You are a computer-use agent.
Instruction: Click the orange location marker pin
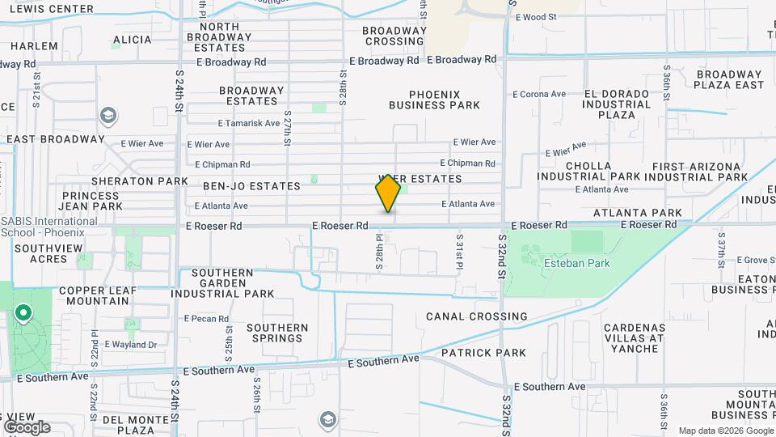point(388,194)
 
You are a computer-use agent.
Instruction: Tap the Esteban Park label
point(576,263)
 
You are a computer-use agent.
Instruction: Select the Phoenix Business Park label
point(434,100)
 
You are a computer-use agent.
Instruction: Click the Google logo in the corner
point(26,427)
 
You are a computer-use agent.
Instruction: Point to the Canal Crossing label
point(476,316)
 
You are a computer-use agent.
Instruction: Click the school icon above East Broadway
point(108,117)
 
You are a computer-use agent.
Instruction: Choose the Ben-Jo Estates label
point(240,186)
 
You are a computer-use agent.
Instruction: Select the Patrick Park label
point(483,353)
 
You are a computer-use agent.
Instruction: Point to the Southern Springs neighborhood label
point(277,333)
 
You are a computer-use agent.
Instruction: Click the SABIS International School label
point(50,226)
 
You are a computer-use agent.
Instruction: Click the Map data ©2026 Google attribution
point(725,431)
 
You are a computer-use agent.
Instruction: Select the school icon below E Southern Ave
point(327,419)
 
